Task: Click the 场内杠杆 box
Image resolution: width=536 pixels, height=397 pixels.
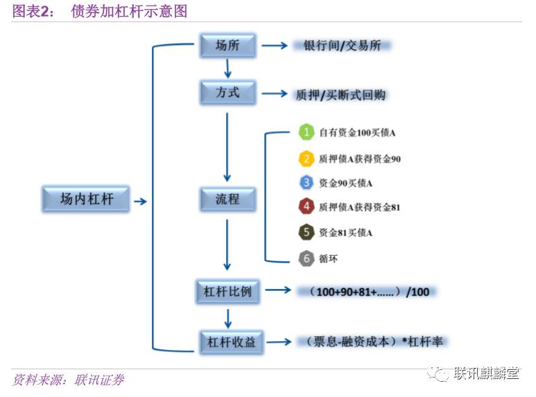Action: point(86,201)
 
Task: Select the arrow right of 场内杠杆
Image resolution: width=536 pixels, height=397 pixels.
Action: point(140,202)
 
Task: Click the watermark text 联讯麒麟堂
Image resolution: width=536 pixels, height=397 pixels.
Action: point(486,374)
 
